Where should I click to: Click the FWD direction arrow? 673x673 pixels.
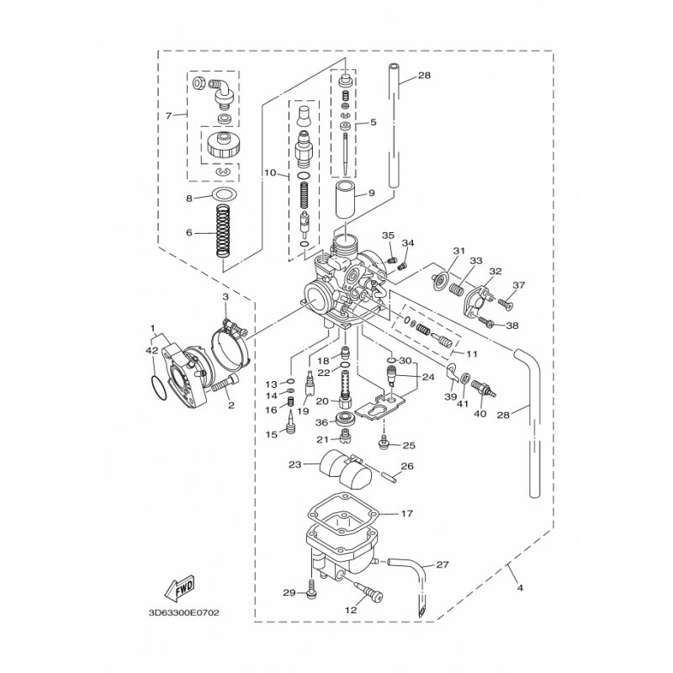click(180, 586)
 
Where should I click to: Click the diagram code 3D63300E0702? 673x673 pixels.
click(183, 612)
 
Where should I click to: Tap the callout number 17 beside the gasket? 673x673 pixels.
click(407, 513)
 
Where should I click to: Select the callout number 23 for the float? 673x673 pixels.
click(295, 464)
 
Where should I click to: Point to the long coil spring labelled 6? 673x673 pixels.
click(223, 231)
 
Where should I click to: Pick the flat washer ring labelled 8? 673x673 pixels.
click(225, 194)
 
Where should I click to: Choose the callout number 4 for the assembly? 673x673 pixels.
click(520, 587)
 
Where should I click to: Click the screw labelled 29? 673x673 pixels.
click(312, 587)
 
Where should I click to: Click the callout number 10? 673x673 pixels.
click(270, 173)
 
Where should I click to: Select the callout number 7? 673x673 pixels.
click(169, 116)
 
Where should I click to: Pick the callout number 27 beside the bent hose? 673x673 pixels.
click(442, 564)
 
